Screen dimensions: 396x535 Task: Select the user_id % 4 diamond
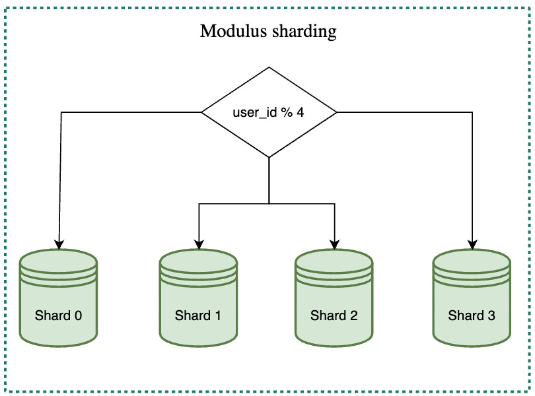click(x=269, y=112)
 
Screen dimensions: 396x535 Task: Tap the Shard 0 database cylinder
click(x=59, y=297)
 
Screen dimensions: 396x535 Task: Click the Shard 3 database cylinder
click(x=472, y=297)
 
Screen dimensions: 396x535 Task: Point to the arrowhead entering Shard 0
click(x=59, y=245)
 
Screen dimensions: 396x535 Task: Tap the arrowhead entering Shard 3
click(x=472, y=245)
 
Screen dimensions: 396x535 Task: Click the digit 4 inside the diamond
click(x=301, y=112)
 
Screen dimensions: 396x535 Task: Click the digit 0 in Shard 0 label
click(x=78, y=315)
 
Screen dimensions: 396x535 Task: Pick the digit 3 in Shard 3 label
click(x=491, y=315)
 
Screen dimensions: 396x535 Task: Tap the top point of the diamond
click(x=269, y=68)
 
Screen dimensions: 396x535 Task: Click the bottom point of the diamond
click(x=269, y=156)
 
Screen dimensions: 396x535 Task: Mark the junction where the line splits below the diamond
click(x=269, y=203)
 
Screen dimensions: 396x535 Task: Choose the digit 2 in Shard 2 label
click(x=353, y=315)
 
